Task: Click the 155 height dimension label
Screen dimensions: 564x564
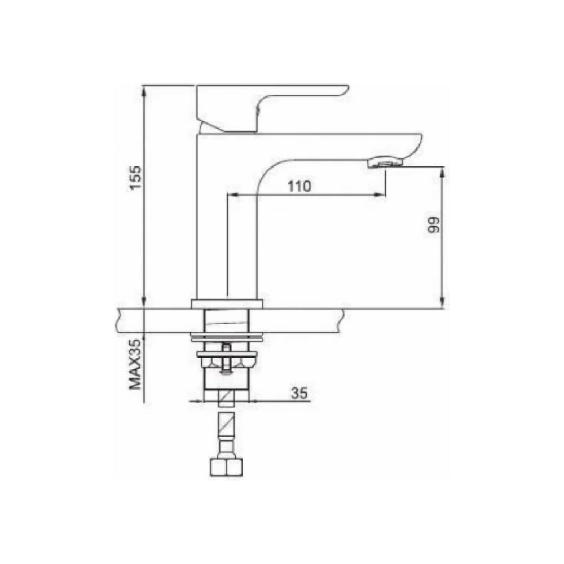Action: pos(136,178)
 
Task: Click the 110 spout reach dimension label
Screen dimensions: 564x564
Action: pos(299,186)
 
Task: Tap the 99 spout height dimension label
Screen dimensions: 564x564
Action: pos(434,225)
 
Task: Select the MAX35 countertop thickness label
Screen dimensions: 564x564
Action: pos(135,364)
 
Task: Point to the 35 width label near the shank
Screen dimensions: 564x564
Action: pos(299,393)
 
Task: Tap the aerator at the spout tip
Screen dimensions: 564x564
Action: pos(385,162)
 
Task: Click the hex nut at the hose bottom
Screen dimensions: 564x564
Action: pos(226,466)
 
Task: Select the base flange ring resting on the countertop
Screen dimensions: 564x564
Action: pos(227,304)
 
